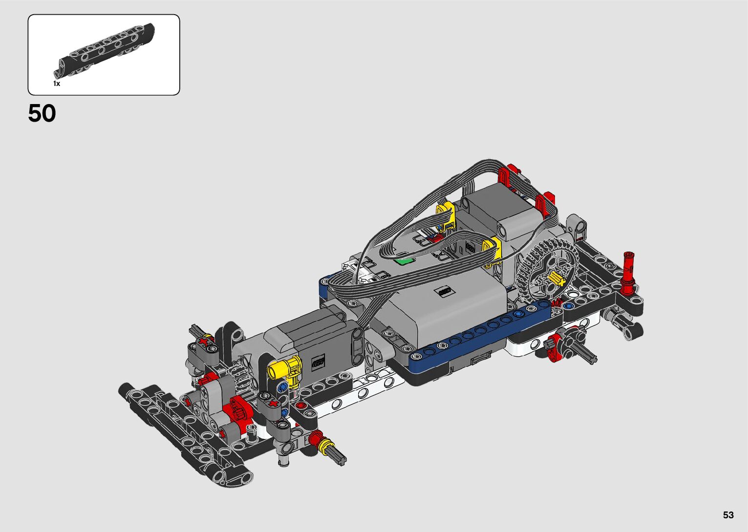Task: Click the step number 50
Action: pyautogui.click(x=42, y=113)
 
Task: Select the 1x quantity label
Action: pyautogui.click(x=57, y=84)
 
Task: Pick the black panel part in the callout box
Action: pyautogui.click(x=104, y=51)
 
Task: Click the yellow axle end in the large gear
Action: pyautogui.click(x=556, y=278)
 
